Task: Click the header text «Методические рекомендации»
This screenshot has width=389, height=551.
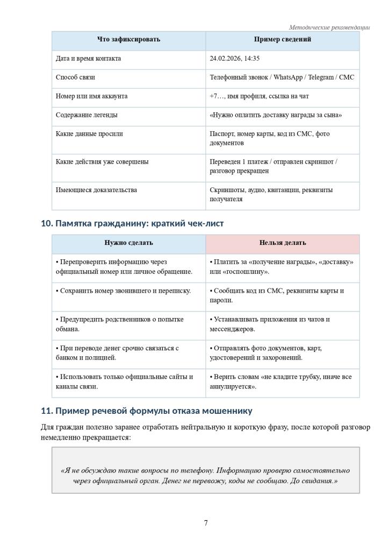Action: coord(329,27)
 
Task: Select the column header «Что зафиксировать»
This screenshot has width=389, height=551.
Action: coord(128,40)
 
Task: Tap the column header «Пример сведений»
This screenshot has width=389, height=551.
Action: coord(282,40)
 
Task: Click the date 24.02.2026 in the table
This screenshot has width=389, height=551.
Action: coord(225,59)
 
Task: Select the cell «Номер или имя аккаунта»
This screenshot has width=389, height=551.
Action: coord(91,96)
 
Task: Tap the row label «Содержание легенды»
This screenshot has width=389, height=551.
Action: coord(87,115)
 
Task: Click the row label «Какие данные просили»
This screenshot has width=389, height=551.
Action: coord(89,134)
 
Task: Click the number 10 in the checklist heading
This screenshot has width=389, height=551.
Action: coord(46,223)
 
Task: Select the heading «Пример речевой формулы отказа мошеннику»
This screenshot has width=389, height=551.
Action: coord(147,411)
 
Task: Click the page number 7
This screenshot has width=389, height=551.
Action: coord(206,523)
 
